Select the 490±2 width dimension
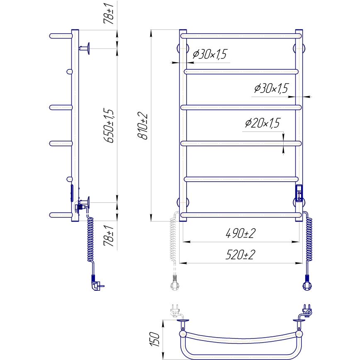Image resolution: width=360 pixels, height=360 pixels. pyautogui.click(x=240, y=234)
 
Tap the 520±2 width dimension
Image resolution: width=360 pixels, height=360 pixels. pyautogui.click(x=240, y=255)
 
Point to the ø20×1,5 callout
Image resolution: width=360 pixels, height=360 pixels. pyautogui.click(x=263, y=123)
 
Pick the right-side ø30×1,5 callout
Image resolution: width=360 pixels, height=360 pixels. pyautogui.click(x=270, y=88)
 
